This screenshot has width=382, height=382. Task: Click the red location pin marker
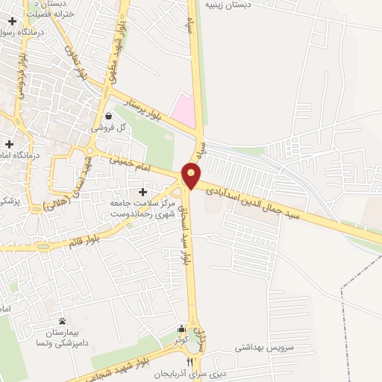coord(192,176)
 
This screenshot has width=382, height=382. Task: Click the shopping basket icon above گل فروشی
coord(110,116)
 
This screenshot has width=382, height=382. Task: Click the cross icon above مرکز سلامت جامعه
coord(143,192)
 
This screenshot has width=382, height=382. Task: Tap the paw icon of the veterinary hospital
coord(62,320)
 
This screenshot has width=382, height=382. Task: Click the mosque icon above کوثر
coord(181,328)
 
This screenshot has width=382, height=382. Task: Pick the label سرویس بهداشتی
coord(265,348)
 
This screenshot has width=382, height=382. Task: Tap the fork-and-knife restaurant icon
coord(189,361)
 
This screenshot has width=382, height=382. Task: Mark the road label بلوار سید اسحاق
coord(187,239)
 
